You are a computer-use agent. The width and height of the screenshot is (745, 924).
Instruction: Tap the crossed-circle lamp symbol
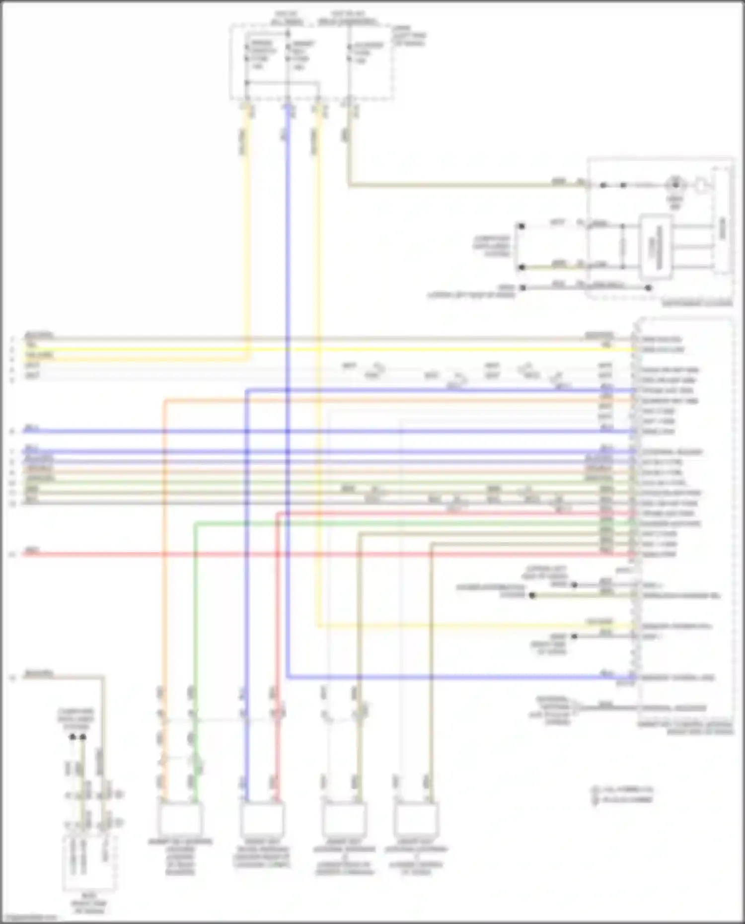pyautogui.click(x=674, y=185)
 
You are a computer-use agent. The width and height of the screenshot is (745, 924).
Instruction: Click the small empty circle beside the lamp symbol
pyautogui.click(x=700, y=185)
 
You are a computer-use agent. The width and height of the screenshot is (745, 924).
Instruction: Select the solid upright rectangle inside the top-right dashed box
pyautogui.click(x=655, y=247)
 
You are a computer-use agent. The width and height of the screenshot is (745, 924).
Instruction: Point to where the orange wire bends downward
pyautogui.click(x=165, y=400)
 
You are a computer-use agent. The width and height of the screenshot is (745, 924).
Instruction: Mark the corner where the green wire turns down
pyautogui.click(x=196, y=523)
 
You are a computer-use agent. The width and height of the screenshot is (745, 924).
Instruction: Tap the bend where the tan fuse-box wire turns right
pyautogui.click(x=349, y=185)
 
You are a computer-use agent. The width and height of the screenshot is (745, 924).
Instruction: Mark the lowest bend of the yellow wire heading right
pyautogui.click(x=318, y=626)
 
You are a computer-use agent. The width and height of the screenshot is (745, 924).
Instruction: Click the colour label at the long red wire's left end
pyautogui.click(x=32, y=551)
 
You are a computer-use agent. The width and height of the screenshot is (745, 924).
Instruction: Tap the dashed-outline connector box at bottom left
pyautogui.click(x=89, y=864)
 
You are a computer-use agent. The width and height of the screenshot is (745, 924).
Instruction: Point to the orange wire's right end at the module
pyautogui.click(x=634, y=400)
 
